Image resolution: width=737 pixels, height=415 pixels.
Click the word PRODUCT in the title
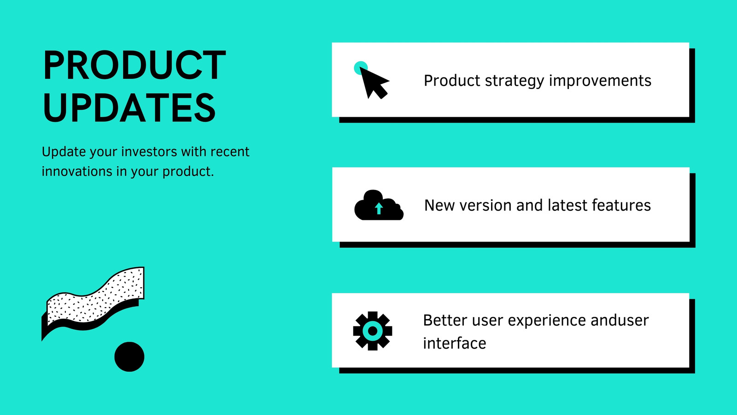[135, 65]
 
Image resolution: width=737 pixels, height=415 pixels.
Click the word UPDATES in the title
[129, 107]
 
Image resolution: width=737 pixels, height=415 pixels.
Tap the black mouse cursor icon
[374, 83]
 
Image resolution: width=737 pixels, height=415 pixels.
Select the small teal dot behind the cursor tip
[360, 67]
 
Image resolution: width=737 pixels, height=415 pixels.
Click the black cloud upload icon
[379, 205]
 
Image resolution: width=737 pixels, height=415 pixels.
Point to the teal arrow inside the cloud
[379, 208]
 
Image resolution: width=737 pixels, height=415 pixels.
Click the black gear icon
[373, 331]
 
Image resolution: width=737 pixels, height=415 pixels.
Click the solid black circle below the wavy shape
[129, 357]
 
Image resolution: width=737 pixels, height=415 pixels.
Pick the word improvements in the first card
[600, 81]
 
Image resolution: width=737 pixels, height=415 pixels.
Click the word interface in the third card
[454, 343]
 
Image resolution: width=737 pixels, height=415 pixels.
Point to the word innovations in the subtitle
[77, 171]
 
